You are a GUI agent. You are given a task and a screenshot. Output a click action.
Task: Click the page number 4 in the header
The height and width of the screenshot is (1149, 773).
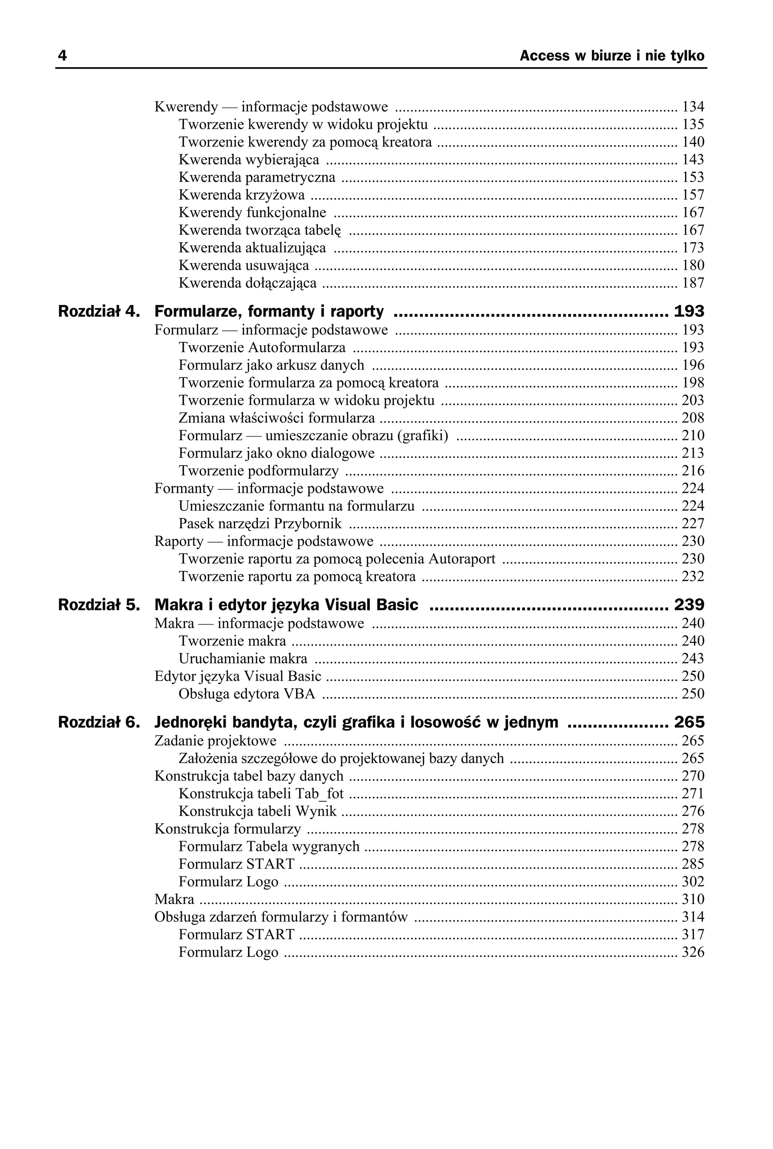[x=62, y=56]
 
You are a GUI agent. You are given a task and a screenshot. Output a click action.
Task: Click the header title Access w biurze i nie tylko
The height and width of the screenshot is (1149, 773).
[x=612, y=56]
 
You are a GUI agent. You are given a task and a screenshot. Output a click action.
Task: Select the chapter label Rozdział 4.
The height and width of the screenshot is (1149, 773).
[x=99, y=311]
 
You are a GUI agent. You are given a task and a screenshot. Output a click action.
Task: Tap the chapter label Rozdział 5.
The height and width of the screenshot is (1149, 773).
[x=99, y=604]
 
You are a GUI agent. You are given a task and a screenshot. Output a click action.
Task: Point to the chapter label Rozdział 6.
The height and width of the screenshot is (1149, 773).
[x=99, y=722]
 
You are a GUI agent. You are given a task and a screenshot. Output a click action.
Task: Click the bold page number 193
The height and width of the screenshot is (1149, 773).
[x=689, y=311]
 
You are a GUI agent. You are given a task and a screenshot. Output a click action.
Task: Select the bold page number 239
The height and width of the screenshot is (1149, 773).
[x=689, y=604]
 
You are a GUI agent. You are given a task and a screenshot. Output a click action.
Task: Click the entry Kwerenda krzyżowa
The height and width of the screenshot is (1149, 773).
[x=242, y=195]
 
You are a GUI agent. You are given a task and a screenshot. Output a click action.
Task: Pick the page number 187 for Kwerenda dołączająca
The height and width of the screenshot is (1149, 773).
[x=693, y=283]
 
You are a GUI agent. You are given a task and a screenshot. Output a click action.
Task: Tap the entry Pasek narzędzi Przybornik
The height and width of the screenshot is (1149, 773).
[x=260, y=523]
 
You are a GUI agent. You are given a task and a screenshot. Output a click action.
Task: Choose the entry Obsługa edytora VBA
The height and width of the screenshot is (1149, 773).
[x=246, y=694]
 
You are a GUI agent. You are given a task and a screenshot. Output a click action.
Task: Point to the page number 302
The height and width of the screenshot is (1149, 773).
[x=693, y=881]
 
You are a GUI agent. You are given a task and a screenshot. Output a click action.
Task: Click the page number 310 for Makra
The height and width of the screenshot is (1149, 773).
[x=693, y=899]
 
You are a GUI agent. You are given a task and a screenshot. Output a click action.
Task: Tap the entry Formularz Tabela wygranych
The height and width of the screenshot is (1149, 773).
[x=269, y=846]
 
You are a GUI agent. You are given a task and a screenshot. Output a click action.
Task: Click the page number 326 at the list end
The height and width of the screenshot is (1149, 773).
[x=693, y=952]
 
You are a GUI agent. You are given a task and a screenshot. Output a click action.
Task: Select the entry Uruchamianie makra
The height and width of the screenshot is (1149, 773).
[x=243, y=659]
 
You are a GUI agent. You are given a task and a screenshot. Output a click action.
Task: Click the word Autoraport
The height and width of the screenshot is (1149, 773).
[x=462, y=559]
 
